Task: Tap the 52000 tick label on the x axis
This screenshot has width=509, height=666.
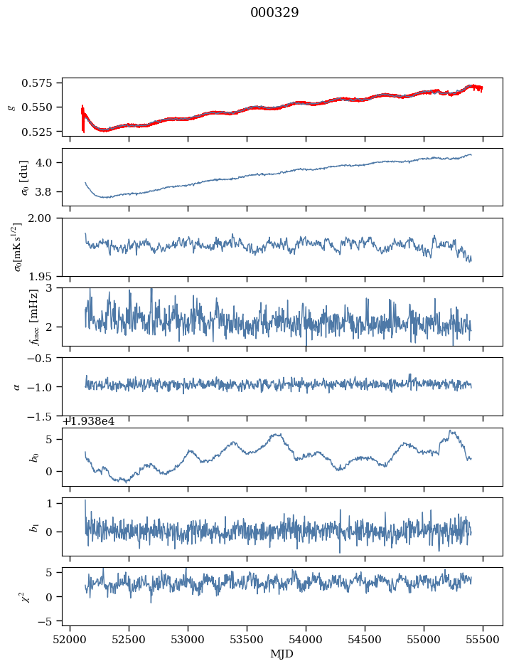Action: [x=70, y=640]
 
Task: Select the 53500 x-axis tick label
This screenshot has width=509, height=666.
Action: [x=247, y=640]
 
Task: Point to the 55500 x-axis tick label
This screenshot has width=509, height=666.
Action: [x=483, y=640]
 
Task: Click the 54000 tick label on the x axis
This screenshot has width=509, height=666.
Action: [x=306, y=640]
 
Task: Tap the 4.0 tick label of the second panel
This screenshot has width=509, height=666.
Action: [x=50, y=162]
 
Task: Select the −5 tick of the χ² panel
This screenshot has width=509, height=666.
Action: [x=50, y=621]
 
